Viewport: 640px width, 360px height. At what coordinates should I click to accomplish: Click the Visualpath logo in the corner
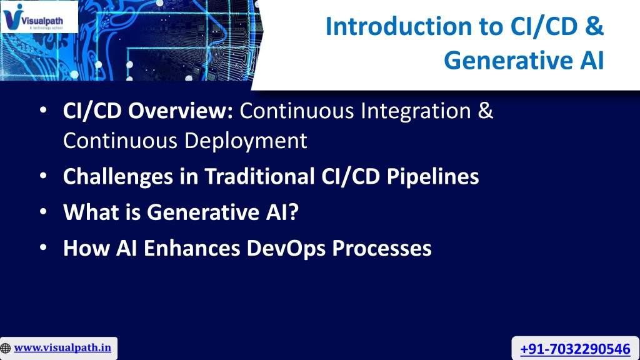pyautogui.click(x=39, y=17)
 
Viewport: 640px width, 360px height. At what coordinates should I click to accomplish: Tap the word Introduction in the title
pyautogui.click(x=398, y=26)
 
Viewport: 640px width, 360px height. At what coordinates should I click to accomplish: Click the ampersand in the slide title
pyautogui.click(x=594, y=26)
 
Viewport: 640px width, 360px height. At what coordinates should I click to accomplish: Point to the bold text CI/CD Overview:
pyautogui.click(x=147, y=111)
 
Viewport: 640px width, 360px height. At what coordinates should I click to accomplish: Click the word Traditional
pyautogui.click(x=259, y=176)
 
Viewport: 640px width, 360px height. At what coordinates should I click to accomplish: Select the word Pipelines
pyautogui.click(x=432, y=177)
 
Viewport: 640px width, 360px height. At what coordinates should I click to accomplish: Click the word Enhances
pyautogui.click(x=192, y=248)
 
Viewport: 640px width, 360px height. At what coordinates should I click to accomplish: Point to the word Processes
pyautogui.click(x=382, y=248)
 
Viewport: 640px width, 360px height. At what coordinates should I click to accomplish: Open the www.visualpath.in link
pyautogui.click(x=62, y=347)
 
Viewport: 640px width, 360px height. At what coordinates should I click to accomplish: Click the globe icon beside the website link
pyautogui.click(x=5, y=348)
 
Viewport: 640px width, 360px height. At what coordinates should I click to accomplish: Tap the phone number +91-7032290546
pyautogui.click(x=575, y=349)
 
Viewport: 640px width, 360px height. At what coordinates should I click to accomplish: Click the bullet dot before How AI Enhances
pyautogui.click(x=43, y=247)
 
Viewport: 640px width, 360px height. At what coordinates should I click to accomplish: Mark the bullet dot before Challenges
pyautogui.click(x=43, y=176)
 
